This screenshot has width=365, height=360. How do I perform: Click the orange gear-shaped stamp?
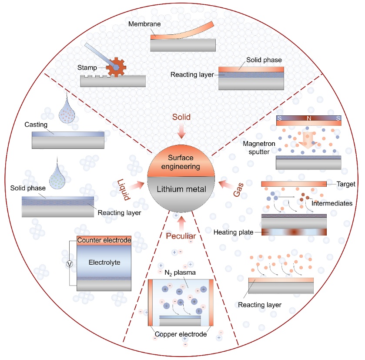pos(117,67)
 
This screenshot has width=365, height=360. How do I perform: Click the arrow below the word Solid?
pos(181,131)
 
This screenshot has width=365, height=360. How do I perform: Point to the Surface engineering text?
pos(182,161)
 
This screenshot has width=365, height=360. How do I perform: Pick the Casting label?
pos(37,125)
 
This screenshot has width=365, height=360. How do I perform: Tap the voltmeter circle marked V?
pos(69,264)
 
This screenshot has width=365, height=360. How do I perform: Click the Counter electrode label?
pos(104,240)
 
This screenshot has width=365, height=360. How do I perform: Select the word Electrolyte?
pos(104,262)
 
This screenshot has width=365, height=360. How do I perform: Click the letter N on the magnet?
pos(309,118)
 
